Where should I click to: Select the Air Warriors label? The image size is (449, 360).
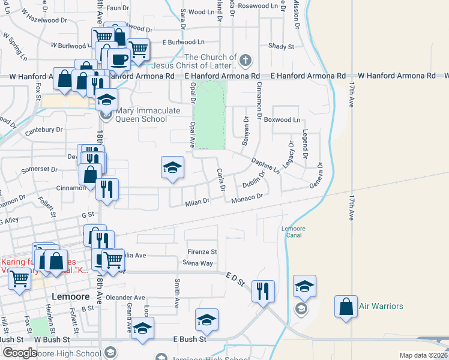point(381,306)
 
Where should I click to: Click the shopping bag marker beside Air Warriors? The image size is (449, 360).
point(346,307)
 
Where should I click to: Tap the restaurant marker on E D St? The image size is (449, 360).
point(263,292)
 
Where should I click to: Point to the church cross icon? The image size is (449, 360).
point(245,61)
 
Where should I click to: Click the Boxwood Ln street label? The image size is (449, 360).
point(285,120)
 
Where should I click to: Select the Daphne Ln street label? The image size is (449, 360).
point(265,165)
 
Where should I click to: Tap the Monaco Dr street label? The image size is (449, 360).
point(247,197)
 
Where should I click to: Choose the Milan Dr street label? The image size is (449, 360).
point(197,202)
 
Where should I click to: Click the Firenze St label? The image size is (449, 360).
point(202,252)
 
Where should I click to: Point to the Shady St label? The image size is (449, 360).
point(281,46)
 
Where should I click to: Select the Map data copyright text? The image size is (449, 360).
point(423,355)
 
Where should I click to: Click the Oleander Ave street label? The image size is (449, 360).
point(127,298)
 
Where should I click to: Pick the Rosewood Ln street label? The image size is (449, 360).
point(255,5)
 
